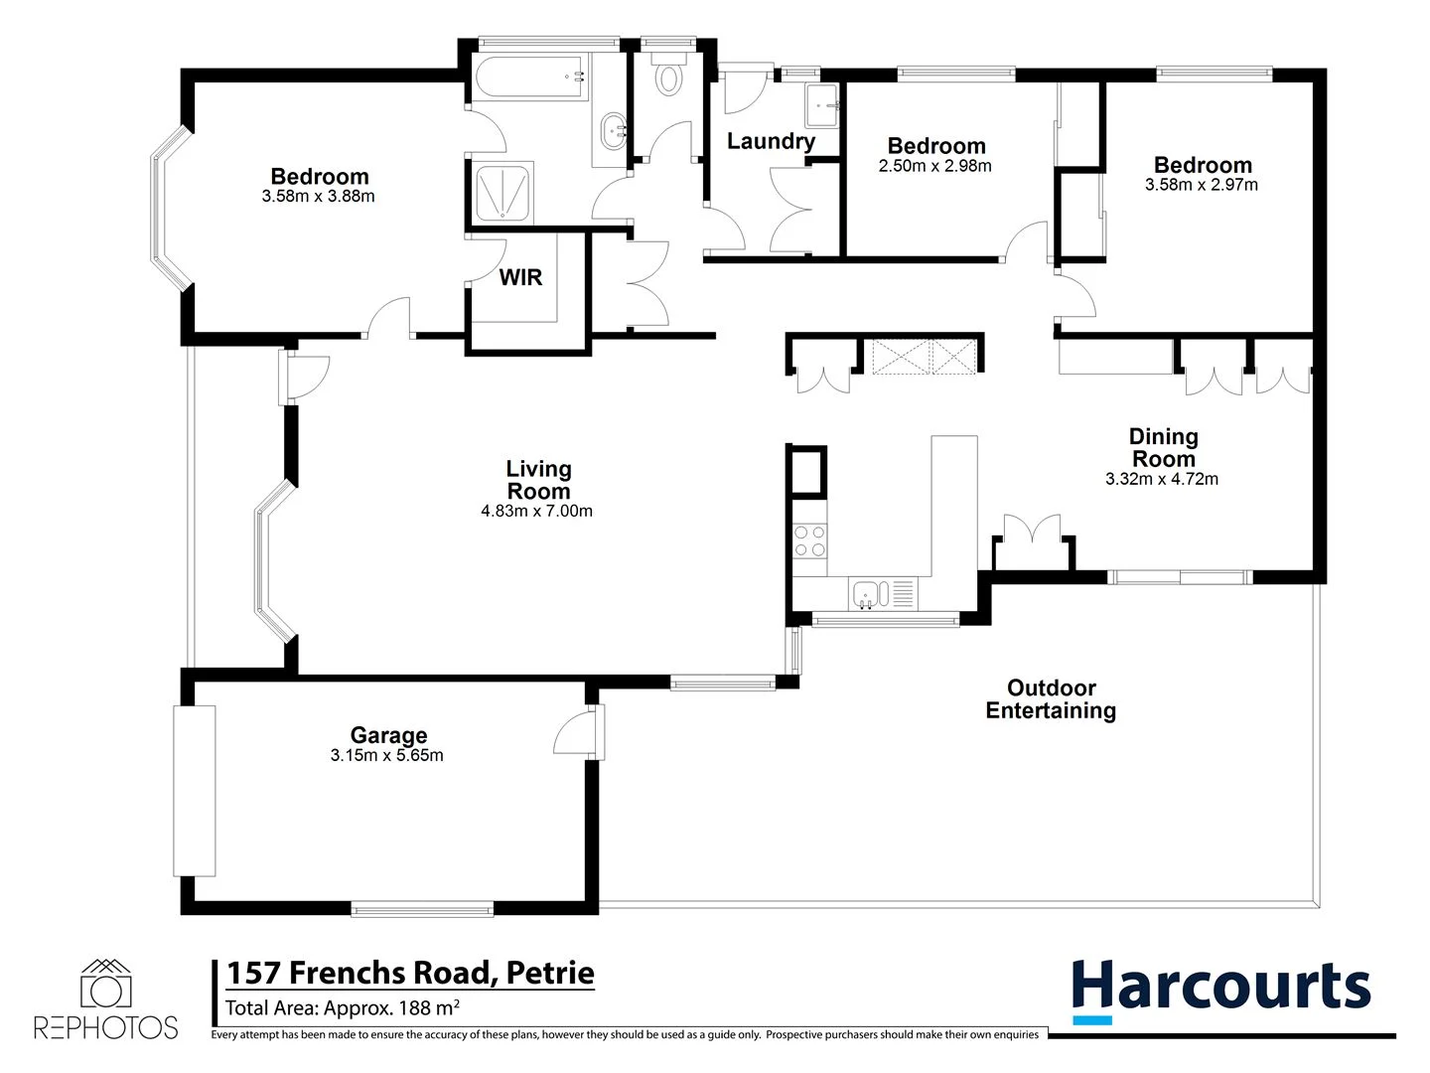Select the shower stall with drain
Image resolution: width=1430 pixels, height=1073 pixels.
503,192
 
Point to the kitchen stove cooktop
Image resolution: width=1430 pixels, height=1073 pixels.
810,540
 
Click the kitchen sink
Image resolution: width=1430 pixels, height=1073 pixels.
868,595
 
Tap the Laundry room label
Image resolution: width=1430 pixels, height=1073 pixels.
771,141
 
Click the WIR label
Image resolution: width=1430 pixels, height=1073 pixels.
520,277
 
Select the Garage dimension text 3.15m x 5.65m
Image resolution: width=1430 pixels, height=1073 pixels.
387,756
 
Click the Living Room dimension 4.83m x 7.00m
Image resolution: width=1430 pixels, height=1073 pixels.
537,512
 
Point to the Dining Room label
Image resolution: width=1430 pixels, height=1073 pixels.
1163,448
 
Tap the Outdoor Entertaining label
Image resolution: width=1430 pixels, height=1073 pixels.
1051,699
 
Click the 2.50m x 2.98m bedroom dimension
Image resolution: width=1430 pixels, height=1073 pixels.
934,167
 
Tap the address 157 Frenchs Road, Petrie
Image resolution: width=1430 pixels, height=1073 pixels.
410,973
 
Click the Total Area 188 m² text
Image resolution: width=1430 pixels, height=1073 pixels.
343,1008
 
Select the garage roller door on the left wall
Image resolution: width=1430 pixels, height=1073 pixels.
194,791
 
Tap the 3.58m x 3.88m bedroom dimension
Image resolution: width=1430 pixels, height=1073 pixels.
318,197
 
